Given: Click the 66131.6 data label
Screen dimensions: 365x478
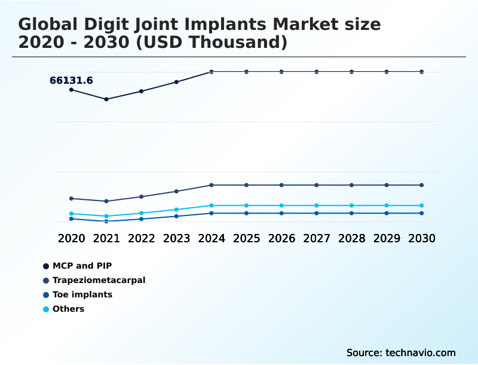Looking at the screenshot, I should click(71, 80).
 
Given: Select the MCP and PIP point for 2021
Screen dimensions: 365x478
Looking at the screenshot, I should click(106, 99).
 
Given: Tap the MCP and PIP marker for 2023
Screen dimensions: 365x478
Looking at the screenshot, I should click(176, 82).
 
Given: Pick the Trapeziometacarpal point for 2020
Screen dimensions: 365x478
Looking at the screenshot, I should click(71, 198).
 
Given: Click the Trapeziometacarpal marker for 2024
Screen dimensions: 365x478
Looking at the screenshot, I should click(212, 185).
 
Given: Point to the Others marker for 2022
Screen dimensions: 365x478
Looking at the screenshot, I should click(142, 213).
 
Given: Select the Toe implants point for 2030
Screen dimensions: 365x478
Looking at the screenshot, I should click(422, 213).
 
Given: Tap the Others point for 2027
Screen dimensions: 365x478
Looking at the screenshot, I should click(317, 205).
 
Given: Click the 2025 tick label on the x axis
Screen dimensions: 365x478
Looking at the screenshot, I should click(246, 238).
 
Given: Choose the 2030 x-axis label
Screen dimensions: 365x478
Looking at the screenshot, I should click(422, 238).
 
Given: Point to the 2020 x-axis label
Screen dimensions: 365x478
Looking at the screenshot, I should click(71, 238).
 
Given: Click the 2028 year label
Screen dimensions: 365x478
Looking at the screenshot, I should click(351, 238).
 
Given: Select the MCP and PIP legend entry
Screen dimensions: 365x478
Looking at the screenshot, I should click(82, 266).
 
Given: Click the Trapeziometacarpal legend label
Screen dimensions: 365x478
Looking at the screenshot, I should click(99, 280).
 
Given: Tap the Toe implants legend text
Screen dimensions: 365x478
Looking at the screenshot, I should click(82, 294).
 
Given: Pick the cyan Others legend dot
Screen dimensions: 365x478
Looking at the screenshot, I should click(46, 309).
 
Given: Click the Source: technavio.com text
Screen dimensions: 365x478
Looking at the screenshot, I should click(401, 352).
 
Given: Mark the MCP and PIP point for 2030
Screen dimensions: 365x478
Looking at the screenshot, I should click(422, 72).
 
